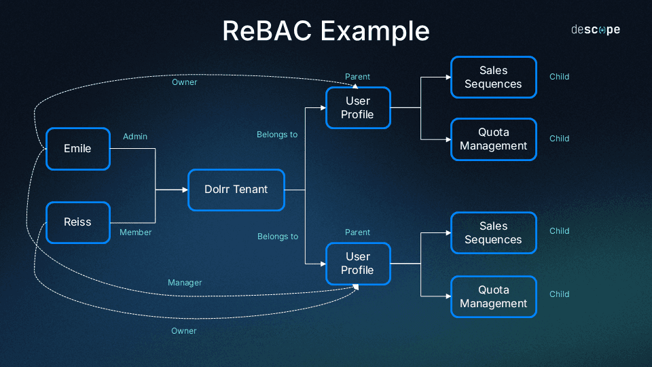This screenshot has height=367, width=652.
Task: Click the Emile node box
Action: tap(77, 149)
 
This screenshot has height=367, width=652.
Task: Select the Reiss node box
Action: tap(77, 222)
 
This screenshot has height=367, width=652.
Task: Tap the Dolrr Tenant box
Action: tap(236, 190)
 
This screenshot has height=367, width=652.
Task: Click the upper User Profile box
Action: tap(358, 108)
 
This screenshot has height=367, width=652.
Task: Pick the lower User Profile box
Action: tap(358, 264)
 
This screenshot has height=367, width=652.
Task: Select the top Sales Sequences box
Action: tap(493, 77)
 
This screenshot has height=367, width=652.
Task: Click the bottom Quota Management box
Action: tap(493, 297)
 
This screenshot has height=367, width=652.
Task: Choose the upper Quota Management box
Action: tap(493, 139)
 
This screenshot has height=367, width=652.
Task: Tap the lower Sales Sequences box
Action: tap(493, 233)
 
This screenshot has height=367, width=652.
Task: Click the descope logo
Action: tap(595, 30)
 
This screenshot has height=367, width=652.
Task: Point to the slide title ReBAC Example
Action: tap(326, 31)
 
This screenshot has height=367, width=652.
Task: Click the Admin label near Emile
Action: tap(135, 137)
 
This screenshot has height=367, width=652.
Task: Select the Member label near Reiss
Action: tap(135, 232)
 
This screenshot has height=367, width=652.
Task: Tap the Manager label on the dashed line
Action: tap(185, 283)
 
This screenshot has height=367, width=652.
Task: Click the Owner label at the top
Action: tap(184, 82)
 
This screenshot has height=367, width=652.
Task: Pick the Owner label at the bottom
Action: tap(183, 331)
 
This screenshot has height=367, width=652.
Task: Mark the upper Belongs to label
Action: tap(277, 135)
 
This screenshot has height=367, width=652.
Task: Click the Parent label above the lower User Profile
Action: tap(357, 232)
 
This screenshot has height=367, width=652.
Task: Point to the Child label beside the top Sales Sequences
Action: tap(559, 77)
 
